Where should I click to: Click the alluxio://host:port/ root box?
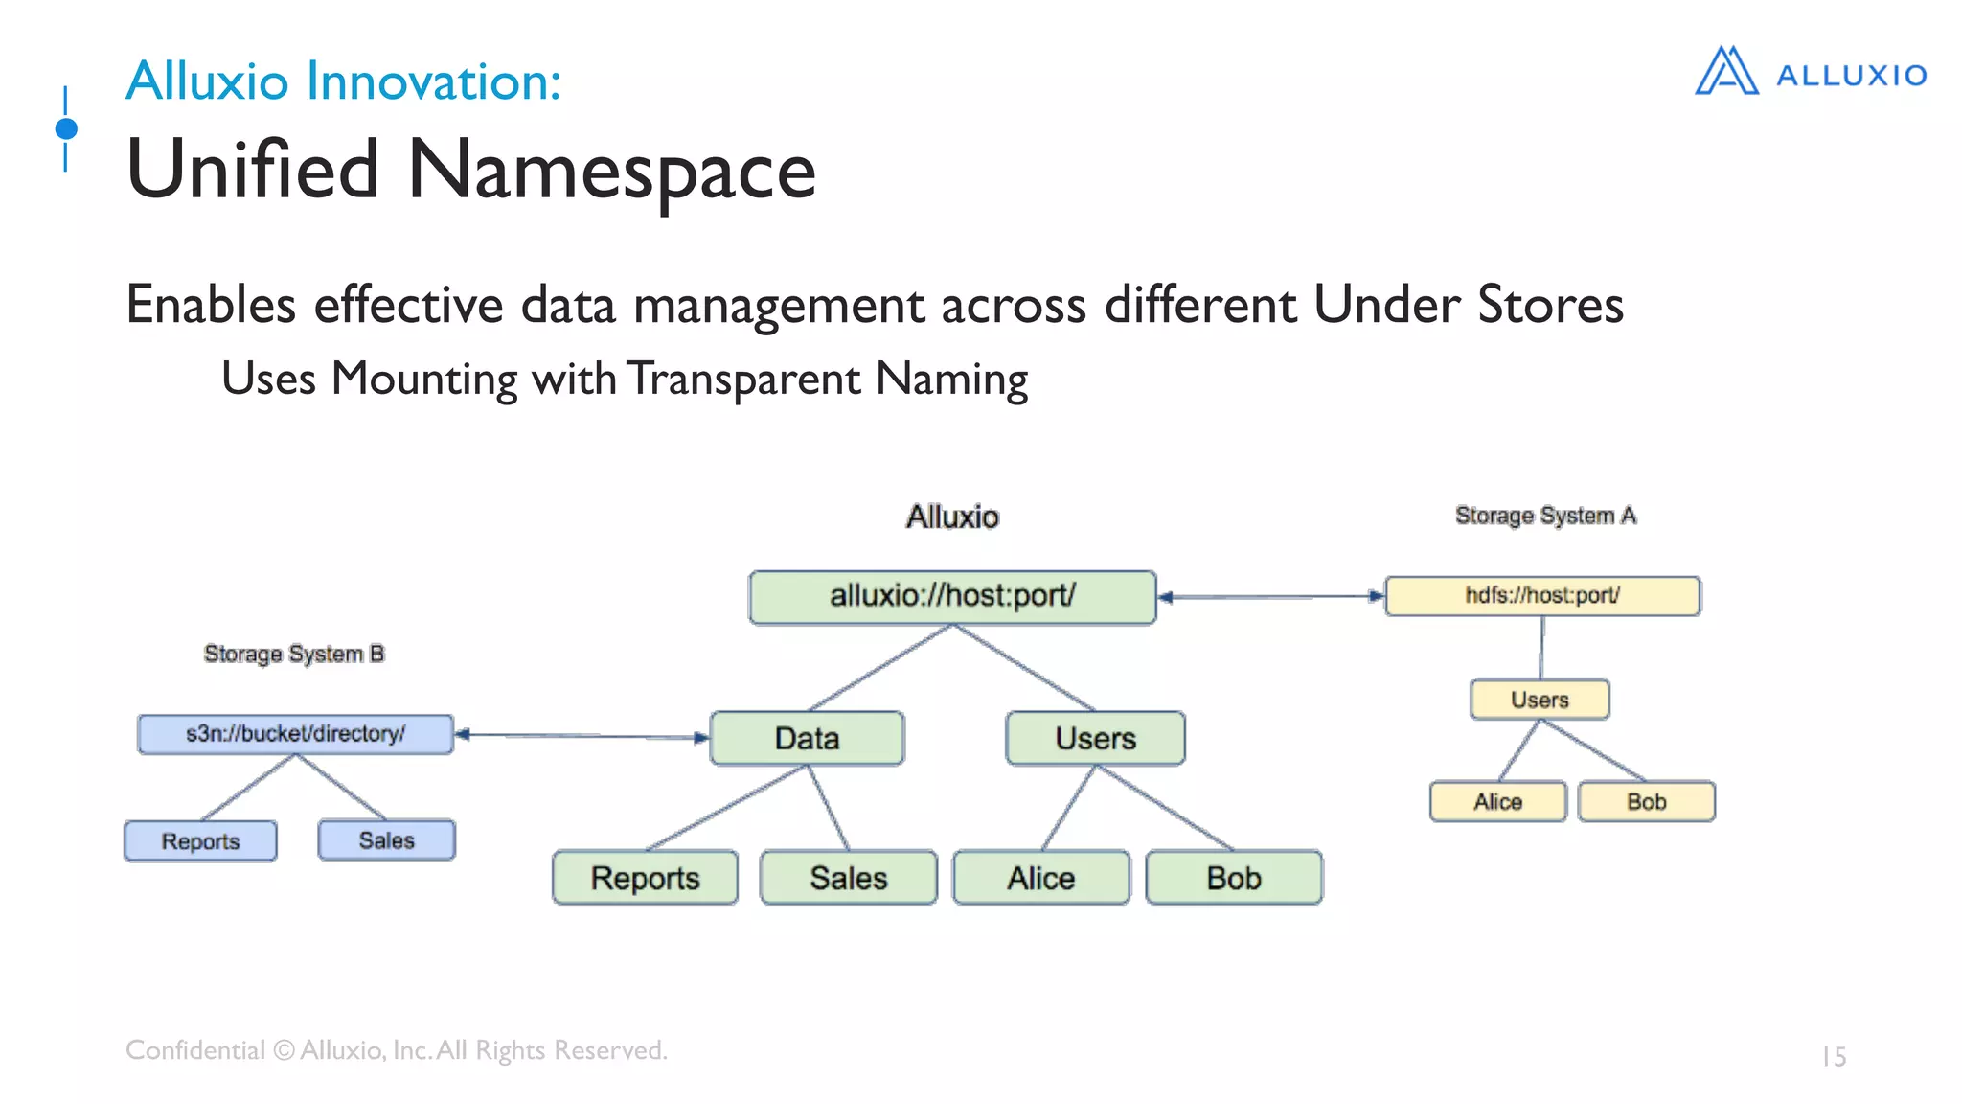[x=952, y=597]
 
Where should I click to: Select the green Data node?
[x=807, y=738]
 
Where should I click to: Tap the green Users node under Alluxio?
[x=1095, y=738]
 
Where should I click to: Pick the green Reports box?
[x=645, y=878]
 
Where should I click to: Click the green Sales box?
[x=848, y=878]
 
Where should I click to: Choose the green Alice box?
[x=1040, y=878]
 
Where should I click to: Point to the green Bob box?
[x=1234, y=878]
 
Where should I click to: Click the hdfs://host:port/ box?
[x=1542, y=595]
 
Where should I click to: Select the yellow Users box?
[x=1540, y=700]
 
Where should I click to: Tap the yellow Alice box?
[x=1497, y=801]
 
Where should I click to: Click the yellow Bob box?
[x=1646, y=801]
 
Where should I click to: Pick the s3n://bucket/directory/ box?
[x=295, y=734]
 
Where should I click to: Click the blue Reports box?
[x=200, y=841]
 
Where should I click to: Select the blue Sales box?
[x=386, y=840]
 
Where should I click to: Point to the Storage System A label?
[x=1545, y=516]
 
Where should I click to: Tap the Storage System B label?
[x=294, y=654]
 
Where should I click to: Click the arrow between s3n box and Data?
[x=582, y=736]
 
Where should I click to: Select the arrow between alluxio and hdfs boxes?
[x=1270, y=596]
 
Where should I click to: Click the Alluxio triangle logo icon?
[x=1726, y=72]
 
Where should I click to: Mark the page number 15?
[x=1834, y=1056]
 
